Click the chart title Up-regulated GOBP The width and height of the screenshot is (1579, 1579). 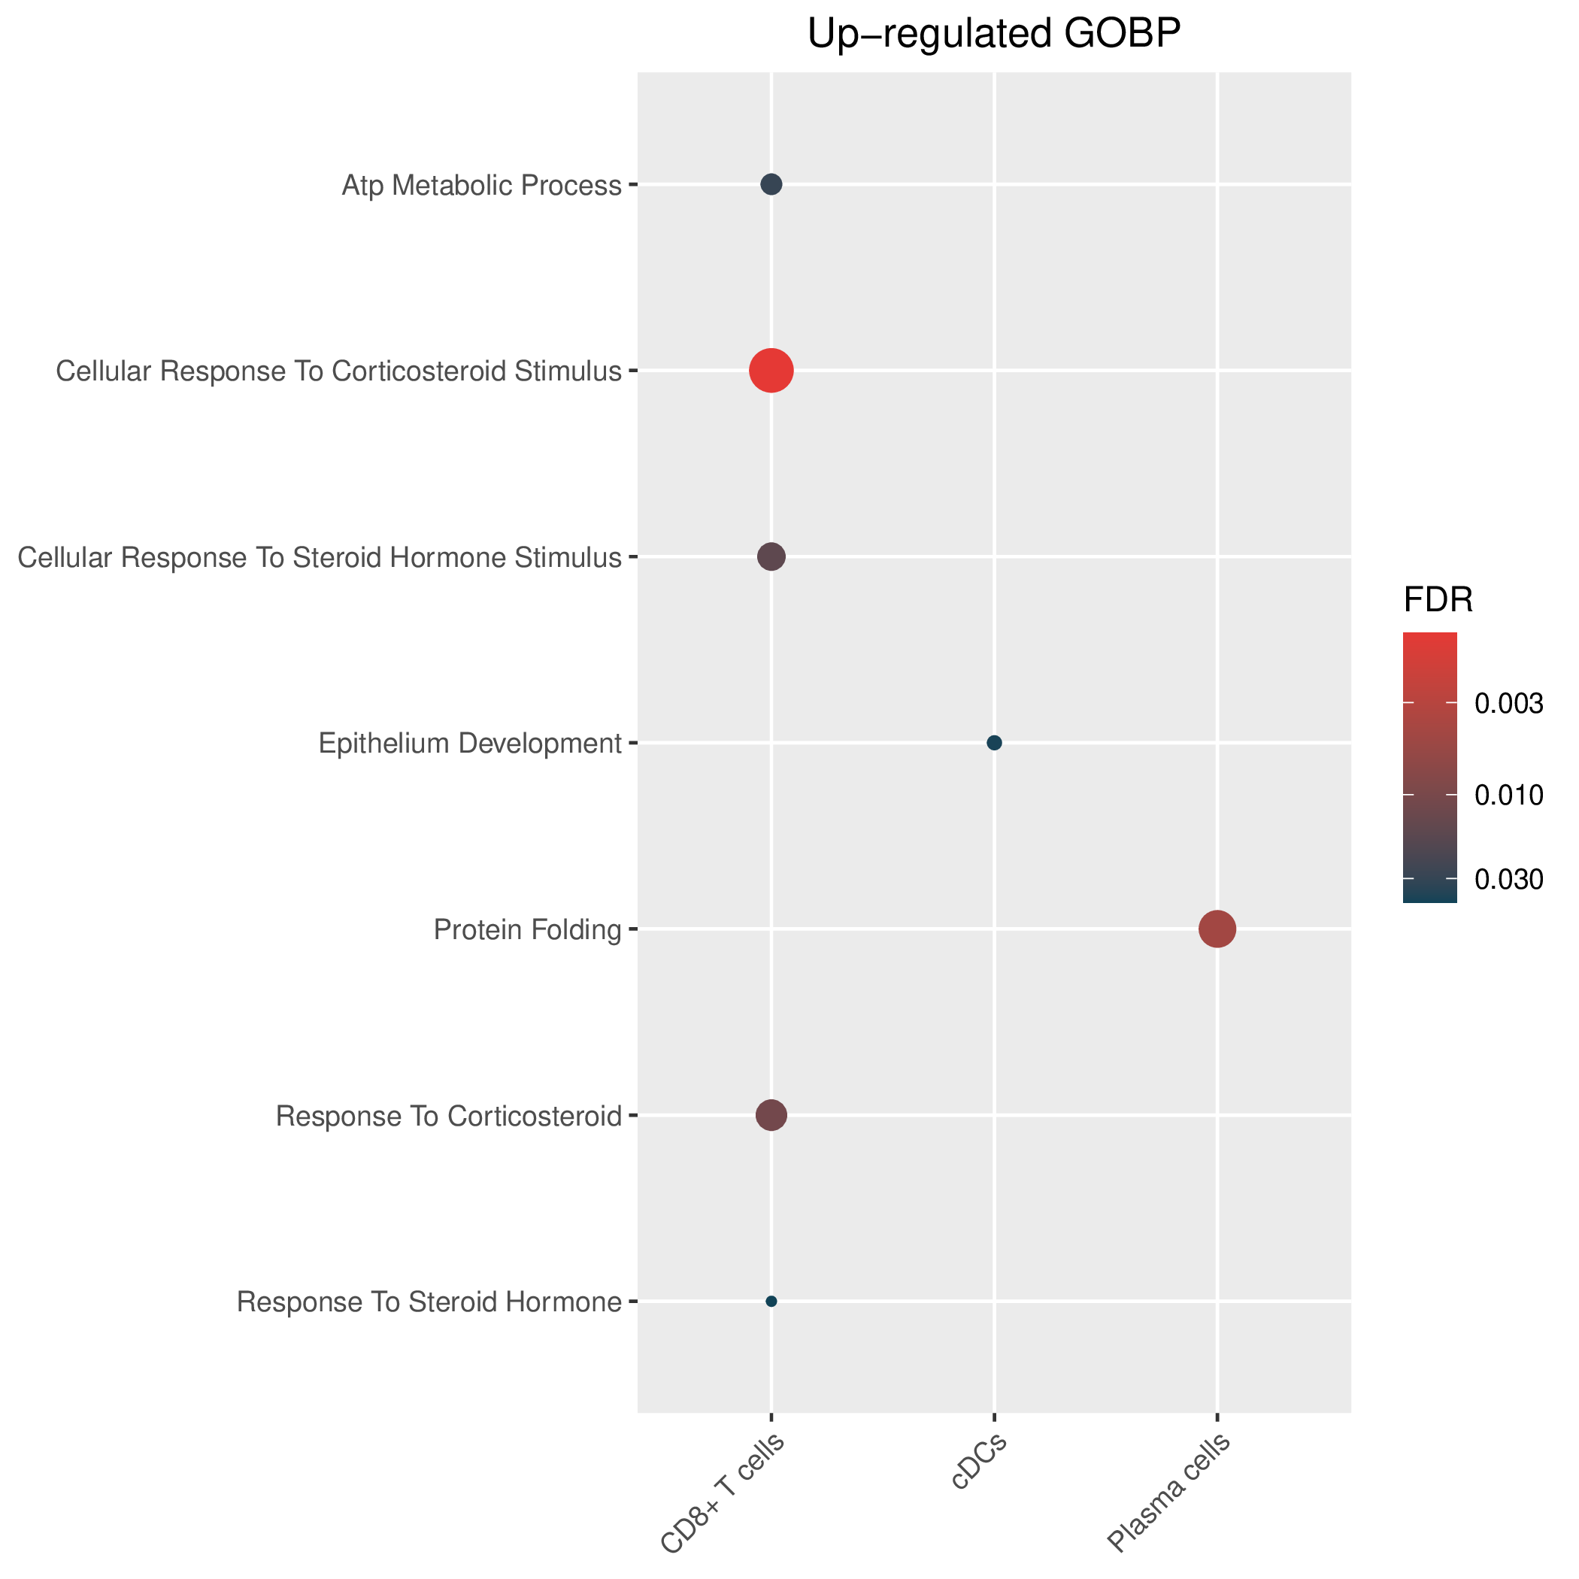pos(994,35)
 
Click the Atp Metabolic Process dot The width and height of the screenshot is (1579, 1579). pos(771,185)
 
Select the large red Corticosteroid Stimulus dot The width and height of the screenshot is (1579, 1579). pos(771,371)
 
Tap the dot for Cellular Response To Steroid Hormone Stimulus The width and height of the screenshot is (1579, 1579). pos(771,557)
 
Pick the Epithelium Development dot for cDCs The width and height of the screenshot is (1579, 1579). pos(995,743)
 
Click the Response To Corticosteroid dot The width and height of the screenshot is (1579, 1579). pos(771,1115)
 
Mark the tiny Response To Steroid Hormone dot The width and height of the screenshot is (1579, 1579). pos(771,1301)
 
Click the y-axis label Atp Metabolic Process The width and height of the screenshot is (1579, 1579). pos(481,186)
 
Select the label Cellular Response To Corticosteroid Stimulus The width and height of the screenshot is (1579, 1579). pos(338,372)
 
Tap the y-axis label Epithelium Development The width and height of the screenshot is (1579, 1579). pos(470,744)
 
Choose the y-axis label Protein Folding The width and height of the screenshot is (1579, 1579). pos(528,930)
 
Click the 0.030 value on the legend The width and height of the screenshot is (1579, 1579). pos(1509,880)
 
